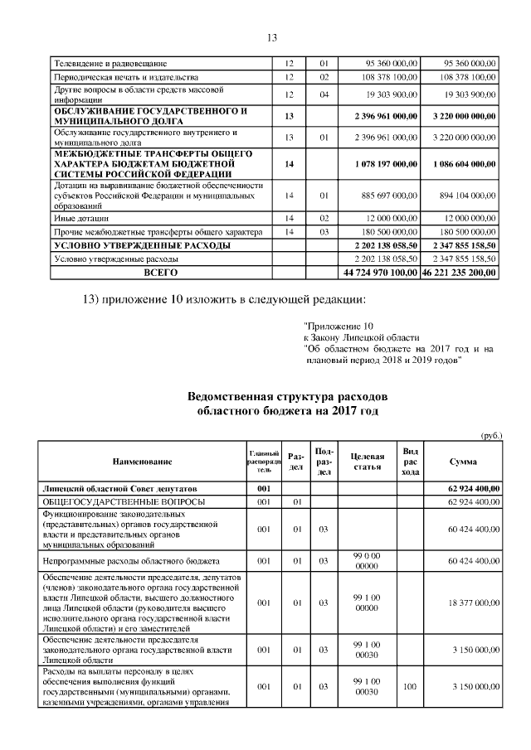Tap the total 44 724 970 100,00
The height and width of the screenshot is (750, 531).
pos(379,272)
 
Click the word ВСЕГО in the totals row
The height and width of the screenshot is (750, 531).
pos(161,272)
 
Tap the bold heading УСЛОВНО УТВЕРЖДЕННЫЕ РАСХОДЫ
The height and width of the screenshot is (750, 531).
pos(142,246)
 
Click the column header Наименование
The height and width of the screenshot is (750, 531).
pos(142,461)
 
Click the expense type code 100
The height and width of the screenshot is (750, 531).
pos(409,687)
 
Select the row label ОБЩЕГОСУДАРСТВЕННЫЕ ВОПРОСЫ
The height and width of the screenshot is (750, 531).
pos(123,502)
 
